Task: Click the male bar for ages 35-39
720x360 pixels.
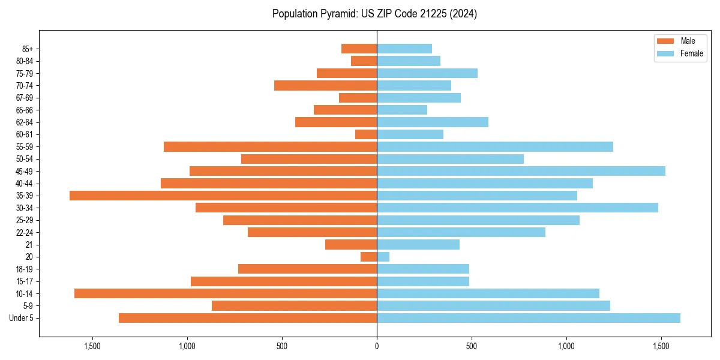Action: click(x=223, y=196)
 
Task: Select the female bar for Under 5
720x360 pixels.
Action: click(x=529, y=318)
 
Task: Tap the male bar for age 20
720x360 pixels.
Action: click(x=368, y=257)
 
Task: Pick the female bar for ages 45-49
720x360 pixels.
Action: click(x=521, y=171)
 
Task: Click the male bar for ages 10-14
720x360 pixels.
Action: click(x=226, y=293)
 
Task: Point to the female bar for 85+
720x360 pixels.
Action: click(x=404, y=49)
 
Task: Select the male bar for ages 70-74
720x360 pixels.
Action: click(x=325, y=85)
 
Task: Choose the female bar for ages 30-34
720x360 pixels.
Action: click(x=517, y=208)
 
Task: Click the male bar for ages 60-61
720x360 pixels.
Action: click(x=366, y=134)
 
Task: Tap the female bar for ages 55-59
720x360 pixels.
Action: click(x=495, y=146)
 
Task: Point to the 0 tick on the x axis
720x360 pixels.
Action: click(x=377, y=346)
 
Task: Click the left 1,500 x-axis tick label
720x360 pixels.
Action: click(x=92, y=346)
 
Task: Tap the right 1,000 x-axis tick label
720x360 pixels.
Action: click(x=566, y=346)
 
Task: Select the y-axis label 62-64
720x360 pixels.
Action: click(x=25, y=122)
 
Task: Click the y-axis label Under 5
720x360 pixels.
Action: click(x=22, y=318)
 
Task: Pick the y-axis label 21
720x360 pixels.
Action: click(x=29, y=245)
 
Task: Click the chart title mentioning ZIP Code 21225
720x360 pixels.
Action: click(x=374, y=13)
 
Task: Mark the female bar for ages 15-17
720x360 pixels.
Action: click(x=423, y=281)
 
